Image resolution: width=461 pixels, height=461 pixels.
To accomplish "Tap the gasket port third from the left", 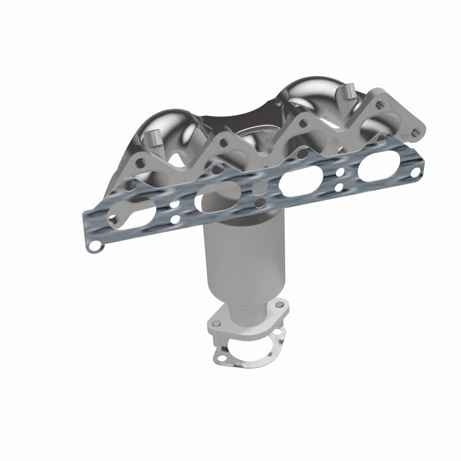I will (x=298, y=183).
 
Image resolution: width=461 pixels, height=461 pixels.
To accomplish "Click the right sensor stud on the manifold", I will (x=349, y=93).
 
